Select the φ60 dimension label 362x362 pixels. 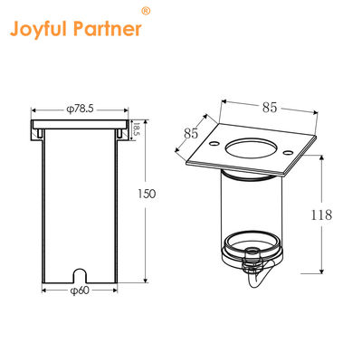80,291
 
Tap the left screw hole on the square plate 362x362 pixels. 214,145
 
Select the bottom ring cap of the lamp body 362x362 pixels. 251,248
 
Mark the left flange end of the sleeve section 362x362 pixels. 37,129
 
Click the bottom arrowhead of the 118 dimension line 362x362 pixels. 321,270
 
